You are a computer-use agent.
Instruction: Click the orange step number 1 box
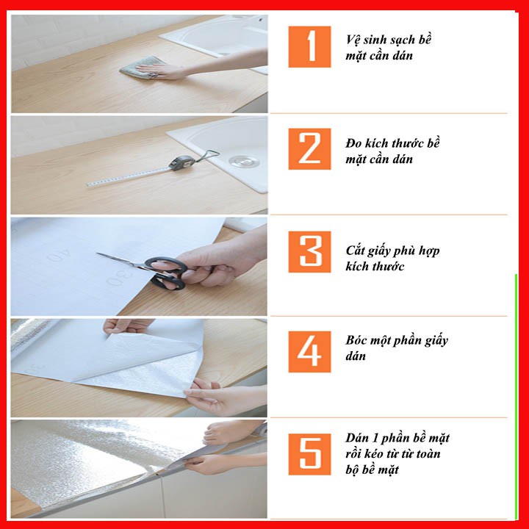[x=309, y=46]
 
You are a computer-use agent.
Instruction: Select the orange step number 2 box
[x=309, y=148]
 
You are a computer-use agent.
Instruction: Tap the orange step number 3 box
[x=309, y=252]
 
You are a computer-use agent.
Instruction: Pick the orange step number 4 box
[x=309, y=351]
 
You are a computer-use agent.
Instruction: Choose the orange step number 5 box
[x=309, y=454]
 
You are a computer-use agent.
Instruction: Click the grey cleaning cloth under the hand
[x=142, y=67]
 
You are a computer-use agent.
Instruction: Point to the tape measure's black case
[x=177, y=162]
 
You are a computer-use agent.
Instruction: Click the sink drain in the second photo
[x=242, y=161]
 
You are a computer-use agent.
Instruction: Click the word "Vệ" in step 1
[x=353, y=40]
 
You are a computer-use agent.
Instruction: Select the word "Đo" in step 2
[x=353, y=143]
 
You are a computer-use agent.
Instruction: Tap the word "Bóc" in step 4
[x=356, y=339]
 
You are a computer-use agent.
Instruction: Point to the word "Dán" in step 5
[x=356, y=438]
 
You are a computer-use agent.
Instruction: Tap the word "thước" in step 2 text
[x=409, y=143]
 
